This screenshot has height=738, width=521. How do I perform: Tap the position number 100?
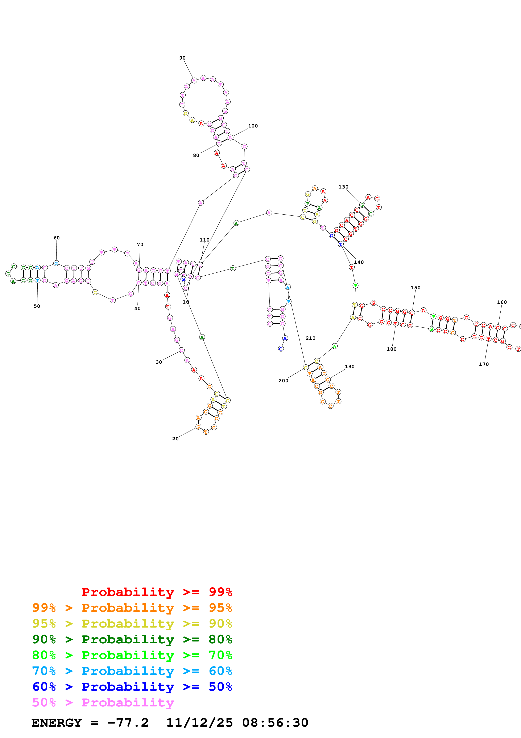coord(253,126)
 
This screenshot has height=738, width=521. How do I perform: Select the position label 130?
coord(343,187)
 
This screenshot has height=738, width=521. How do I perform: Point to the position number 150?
coord(415,288)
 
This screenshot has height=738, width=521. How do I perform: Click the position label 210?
coord(310,338)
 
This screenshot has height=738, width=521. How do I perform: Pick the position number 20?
coord(175,439)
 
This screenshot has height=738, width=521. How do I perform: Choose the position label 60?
coord(57,238)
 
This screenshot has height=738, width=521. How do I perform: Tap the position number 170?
coord(484,364)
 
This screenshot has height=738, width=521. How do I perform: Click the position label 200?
coord(283,381)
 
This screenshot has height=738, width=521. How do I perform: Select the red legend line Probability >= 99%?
coord(157,592)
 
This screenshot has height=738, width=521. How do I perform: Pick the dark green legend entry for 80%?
coord(132,639)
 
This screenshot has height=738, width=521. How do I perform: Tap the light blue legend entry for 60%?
coord(132,671)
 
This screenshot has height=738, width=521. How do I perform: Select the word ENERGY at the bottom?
coord(57,723)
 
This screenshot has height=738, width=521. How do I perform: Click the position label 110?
coord(204,240)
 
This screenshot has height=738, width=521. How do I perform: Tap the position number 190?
coord(350,367)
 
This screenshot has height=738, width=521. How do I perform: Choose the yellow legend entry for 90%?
coord(132,624)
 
